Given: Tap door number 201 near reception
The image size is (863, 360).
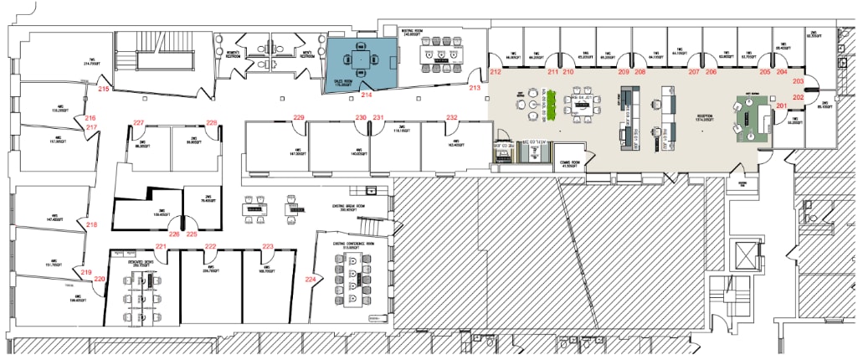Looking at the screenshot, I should point(781,105).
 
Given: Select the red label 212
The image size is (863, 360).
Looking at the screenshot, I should point(496,72).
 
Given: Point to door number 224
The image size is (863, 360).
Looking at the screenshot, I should point(311,279).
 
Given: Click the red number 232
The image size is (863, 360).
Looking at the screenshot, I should point(452,117).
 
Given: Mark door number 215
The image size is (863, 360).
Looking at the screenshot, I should point(104,88).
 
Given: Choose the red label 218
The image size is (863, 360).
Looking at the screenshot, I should point(91,224).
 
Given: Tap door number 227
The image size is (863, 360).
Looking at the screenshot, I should point(139,122).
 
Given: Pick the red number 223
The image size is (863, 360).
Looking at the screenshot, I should point(269,246).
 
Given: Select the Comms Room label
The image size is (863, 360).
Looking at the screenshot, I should point(571,163).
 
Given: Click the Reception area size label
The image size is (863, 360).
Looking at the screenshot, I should point(698,118).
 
